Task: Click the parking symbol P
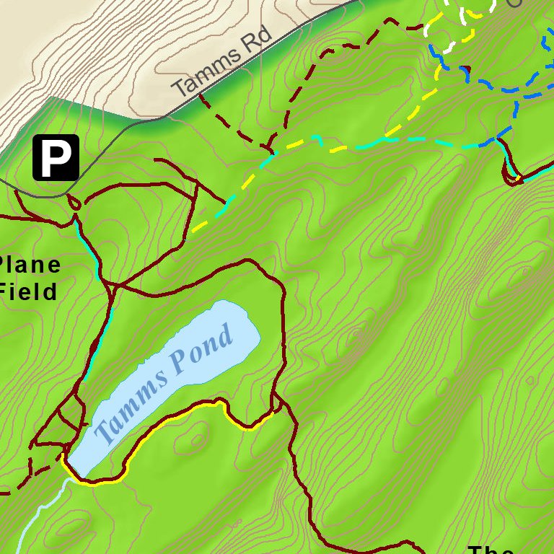tap(56, 157)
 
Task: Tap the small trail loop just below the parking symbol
tap(74, 202)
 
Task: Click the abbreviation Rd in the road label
tap(258, 40)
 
